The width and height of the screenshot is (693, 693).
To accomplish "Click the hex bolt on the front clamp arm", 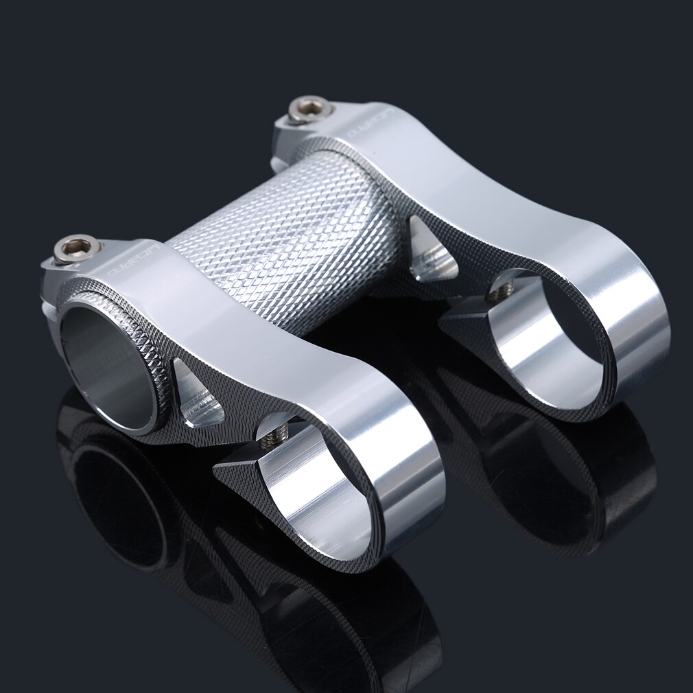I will click(x=77, y=248).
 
